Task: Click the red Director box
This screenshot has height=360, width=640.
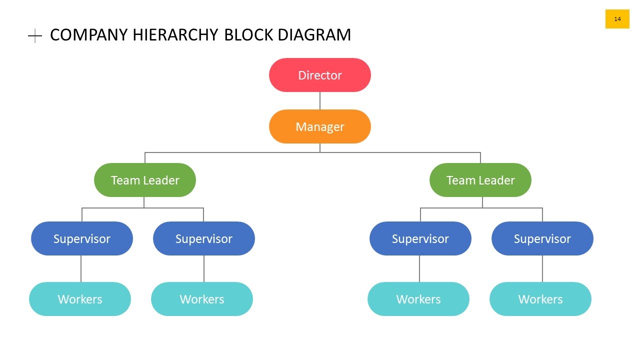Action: [x=320, y=75]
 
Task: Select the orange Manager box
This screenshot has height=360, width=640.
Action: [x=320, y=126]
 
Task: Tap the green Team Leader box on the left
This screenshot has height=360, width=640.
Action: [x=145, y=180]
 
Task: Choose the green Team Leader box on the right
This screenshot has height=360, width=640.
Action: [x=480, y=180]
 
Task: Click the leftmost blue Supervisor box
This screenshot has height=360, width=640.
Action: [x=82, y=238]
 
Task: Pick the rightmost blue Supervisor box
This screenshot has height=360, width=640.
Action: [x=542, y=238]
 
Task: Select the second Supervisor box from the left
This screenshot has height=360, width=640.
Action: [x=204, y=238]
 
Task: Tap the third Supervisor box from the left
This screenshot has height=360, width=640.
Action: [x=420, y=238]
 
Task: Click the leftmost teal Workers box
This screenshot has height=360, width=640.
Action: [x=80, y=299]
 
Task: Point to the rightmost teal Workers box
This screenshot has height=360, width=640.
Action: [x=540, y=299]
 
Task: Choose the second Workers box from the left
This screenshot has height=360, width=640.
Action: [x=202, y=299]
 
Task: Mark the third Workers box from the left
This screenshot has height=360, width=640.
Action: [x=418, y=299]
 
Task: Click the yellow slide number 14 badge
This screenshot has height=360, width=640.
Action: [x=617, y=19]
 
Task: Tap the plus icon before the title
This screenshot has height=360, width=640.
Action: [x=35, y=35]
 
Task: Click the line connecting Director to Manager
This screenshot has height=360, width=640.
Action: [x=320, y=100]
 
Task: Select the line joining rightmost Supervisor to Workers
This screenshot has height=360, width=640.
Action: [x=542, y=268]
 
